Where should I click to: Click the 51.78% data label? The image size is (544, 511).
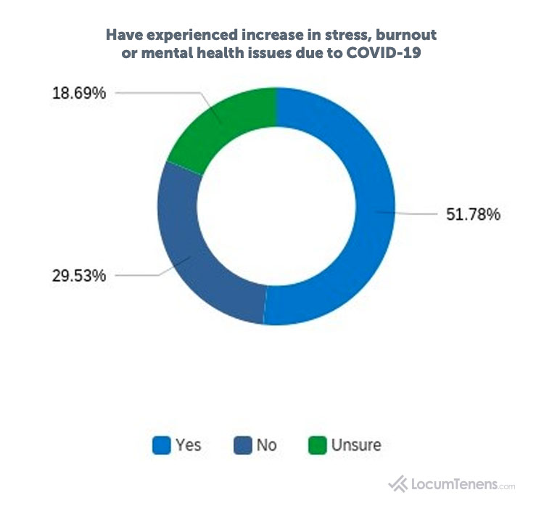tap(473, 216)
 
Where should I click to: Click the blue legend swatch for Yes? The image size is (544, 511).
tap(161, 444)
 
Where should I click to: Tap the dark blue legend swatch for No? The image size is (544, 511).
tap(242, 444)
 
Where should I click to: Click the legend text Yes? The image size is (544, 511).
tap(188, 444)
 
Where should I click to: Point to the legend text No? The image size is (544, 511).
tap(266, 444)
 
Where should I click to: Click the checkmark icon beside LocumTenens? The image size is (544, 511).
tap(397, 483)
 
